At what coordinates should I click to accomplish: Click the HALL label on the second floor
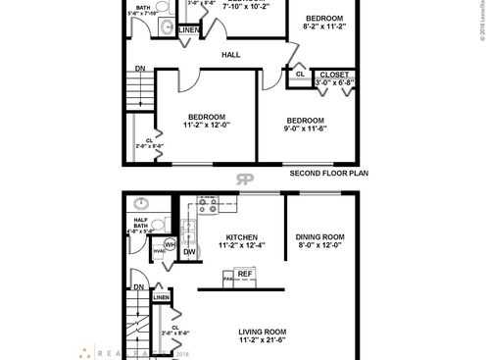231,55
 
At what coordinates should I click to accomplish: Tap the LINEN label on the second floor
189,30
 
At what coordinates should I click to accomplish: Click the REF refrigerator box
245,275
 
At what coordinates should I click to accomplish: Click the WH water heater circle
170,244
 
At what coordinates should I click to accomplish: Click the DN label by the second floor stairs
139,69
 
